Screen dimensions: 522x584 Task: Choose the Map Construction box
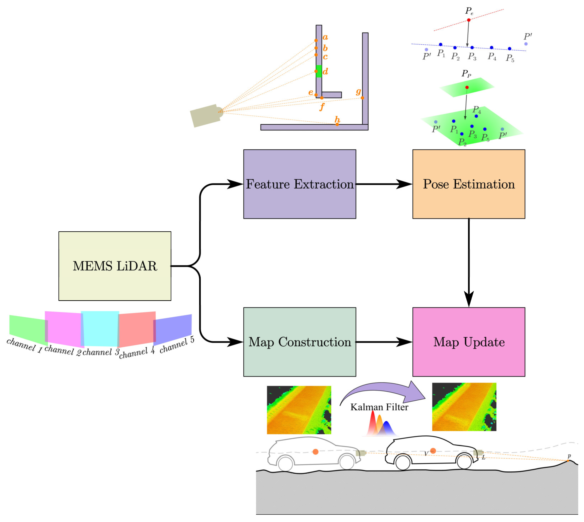point(299,342)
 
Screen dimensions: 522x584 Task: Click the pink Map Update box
point(468,342)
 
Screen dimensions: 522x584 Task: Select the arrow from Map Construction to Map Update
point(384,342)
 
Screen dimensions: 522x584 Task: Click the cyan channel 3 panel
point(100,328)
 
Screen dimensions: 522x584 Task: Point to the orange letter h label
point(337,119)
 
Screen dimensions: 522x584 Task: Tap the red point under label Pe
point(468,20)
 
